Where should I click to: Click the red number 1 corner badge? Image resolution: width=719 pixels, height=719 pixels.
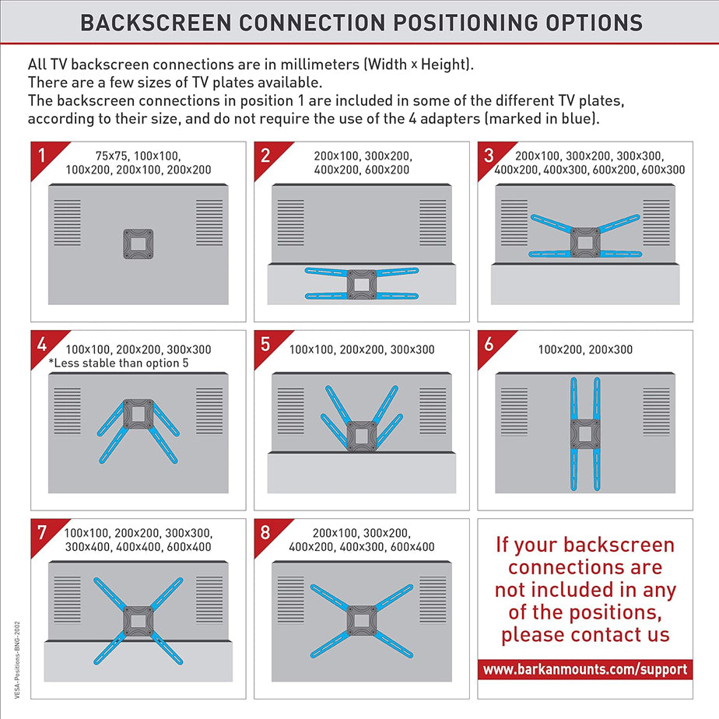pyautogui.click(x=44, y=156)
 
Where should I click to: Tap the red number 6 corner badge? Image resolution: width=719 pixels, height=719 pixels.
pyautogui.click(x=491, y=345)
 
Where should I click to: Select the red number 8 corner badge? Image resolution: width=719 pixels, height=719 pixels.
pyautogui.click(x=268, y=533)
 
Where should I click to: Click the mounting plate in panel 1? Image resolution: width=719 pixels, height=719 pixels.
pyautogui.click(x=138, y=244)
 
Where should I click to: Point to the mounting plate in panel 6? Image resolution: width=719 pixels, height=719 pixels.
pyautogui.click(x=585, y=433)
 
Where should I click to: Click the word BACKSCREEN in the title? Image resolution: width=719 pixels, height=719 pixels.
pyautogui.click(x=156, y=23)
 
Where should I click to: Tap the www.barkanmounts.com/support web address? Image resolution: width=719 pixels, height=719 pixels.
pyautogui.click(x=585, y=669)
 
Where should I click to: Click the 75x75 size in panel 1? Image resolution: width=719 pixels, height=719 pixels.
pyautogui.click(x=111, y=156)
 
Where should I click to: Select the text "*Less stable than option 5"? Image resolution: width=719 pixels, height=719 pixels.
pyautogui.click(x=118, y=363)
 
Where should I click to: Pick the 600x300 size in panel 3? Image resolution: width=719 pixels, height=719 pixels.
pyautogui.click(x=663, y=170)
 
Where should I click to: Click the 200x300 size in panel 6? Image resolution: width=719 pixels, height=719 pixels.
pyautogui.click(x=610, y=349)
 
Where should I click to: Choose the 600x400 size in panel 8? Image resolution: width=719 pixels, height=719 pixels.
pyautogui.click(x=412, y=546)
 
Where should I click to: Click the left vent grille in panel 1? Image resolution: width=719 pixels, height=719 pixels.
pyautogui.click(x=68, y=223)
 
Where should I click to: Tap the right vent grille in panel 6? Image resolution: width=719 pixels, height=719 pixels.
pyautogui.click(x=656, y=412)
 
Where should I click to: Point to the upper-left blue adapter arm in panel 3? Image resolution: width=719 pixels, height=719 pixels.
pyautogui.click(x=551, y=223)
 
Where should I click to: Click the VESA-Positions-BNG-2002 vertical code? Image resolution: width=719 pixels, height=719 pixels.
pyautogui.click(x=17, y=660)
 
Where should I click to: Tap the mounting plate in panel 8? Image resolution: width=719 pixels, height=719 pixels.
pyautogui.click(x=362, y=621)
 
